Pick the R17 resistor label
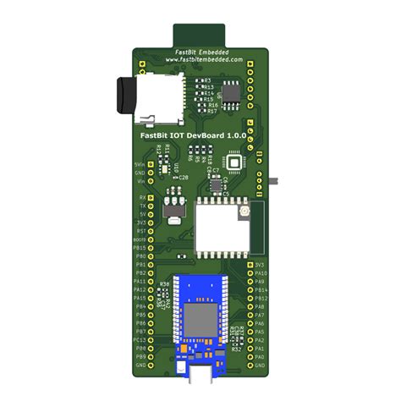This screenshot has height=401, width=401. (x=212, y=111)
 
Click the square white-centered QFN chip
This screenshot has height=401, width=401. (x=233, y=163)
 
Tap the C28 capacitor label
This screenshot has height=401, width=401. (x=184, y=178)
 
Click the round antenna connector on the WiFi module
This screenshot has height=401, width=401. (x=244, y=209)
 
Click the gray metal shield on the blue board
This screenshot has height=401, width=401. (x=200, y=319)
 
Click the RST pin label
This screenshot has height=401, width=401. (x=141, y=230)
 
